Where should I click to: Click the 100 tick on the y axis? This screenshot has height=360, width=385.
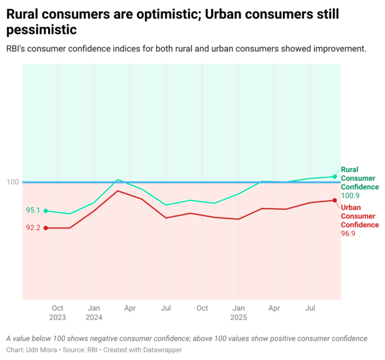pos(12,182)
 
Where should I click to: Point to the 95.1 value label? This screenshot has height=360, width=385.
pos(33,210)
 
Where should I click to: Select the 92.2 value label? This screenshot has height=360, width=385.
pos(33,228)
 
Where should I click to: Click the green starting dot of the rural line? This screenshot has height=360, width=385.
pos(46,210)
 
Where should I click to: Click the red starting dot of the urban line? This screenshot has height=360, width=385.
pos(46,228)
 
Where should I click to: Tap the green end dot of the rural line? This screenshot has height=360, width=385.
pos(335,176)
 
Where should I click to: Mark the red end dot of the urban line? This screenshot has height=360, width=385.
pos(335,200)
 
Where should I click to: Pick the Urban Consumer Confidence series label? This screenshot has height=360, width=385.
pos(359,216)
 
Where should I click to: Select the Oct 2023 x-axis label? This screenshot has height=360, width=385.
pos(58,313)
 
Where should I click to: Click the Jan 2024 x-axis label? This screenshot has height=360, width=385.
pos(94,313)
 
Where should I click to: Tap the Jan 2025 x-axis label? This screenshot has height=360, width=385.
pos(238,313)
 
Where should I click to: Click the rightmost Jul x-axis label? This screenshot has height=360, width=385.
pos(311,308)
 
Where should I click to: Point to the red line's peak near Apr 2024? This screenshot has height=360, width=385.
pos(118,191)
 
